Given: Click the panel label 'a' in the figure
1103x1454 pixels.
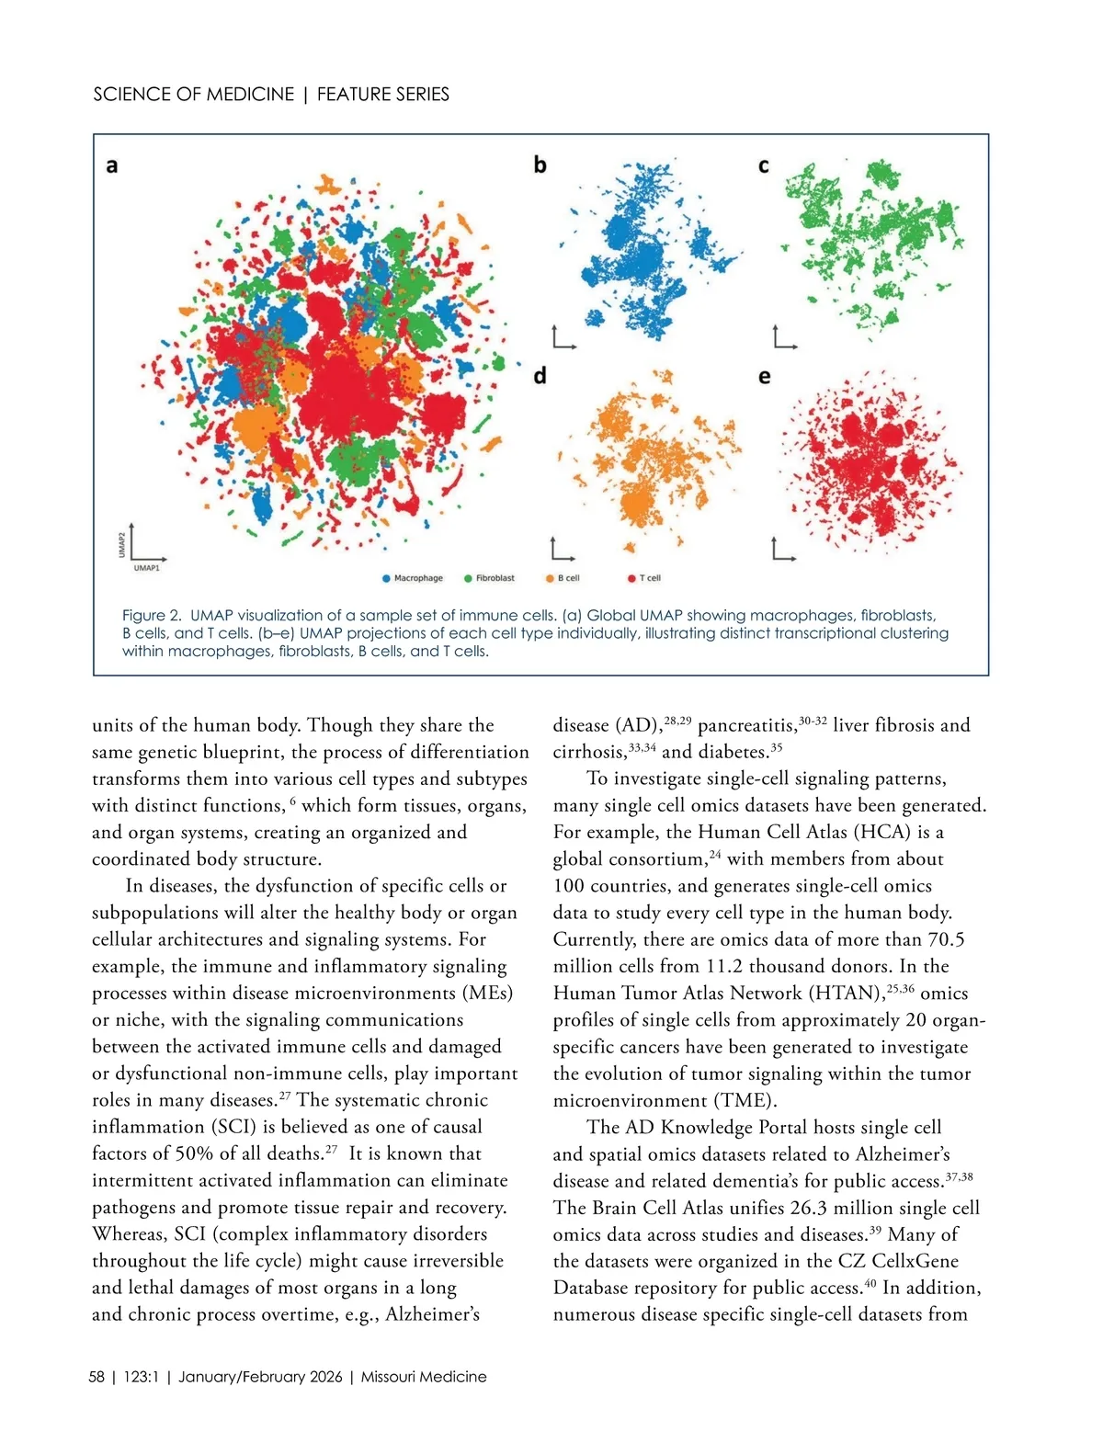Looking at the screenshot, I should [x=112, y=166].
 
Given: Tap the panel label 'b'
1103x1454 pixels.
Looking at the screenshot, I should [x=540, y=165].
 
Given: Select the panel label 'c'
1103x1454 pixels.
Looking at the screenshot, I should [x=763, y=166].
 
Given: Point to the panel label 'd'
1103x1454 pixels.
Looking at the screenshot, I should [x=540, y=375].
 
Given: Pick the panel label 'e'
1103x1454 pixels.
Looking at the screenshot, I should [x=764, y=377].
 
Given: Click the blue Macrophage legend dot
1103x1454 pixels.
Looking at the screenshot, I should [x=386, y=578].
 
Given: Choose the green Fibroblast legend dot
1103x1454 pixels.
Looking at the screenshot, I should [x=468, y=578].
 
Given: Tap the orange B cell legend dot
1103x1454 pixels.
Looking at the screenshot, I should [x=550, y=578].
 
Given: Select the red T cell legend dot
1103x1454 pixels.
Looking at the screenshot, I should [x=631, y=578].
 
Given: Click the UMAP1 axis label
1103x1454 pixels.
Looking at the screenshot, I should [x=146, y=569].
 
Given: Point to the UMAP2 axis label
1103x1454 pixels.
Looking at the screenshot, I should [x=121, y=544].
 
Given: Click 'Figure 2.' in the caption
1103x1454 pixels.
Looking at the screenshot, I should [x=153, y=616].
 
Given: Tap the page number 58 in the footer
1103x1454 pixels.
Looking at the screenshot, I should [x=97, y=1377].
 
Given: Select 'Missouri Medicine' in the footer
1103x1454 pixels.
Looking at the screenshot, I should [x=424, y=1377].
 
